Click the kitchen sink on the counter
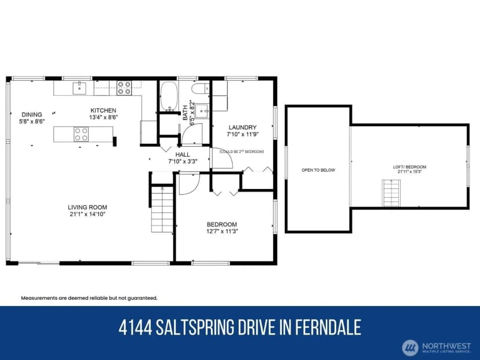[x=79, y=88]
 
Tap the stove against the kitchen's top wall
[x=124, y=88]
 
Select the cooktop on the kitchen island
[x=81, y=134]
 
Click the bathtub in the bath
[x=169, y=96]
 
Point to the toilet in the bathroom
[x=201, y=89]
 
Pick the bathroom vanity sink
[x=202, y=111]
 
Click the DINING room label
[x=32, y=115]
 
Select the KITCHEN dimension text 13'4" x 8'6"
[x=103, y=117]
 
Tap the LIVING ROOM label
[x=88, y=207]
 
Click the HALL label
[x=183, y=155]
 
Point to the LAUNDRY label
[x=242, y=127]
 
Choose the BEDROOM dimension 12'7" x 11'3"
[x=222, y=231]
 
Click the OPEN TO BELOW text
[x=318, y=170]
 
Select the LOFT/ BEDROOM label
[x=410, y=167]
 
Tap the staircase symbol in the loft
[x=391, y=193]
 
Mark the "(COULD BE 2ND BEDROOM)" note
[x=242, y=151]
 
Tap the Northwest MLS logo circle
[x=410, y=347]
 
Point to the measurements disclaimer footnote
[x=89, y=298]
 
